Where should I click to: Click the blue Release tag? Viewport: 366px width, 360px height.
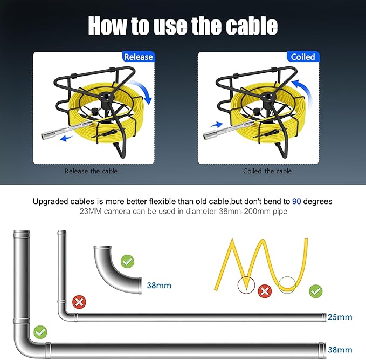(139, 57)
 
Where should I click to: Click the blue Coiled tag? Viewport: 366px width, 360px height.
(303, 57)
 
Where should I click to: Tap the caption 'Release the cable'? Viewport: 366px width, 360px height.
(91, 171)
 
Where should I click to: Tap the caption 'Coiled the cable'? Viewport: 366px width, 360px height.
(267, 171)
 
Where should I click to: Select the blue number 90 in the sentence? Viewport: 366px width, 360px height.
(296, 201)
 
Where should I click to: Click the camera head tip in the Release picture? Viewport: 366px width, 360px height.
(44, 136)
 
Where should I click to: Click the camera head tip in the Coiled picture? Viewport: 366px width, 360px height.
(206, 136)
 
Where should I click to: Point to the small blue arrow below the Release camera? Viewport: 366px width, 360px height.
(66, 138)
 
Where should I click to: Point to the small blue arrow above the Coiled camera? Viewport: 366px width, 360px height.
(217, 125)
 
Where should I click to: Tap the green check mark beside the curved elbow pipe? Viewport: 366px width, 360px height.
(127, 261)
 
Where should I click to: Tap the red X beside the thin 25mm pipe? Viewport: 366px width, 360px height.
(79, 302)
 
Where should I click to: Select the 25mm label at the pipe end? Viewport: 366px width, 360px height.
(340, 317)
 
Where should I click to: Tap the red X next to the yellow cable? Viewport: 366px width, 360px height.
(265, 291)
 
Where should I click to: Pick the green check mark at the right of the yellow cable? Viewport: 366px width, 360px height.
(316, 291)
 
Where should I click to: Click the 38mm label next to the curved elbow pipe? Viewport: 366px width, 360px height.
(159, 285)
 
